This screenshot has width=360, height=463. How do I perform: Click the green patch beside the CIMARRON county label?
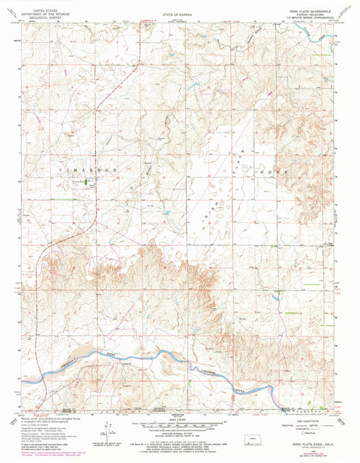click(86, 181)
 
